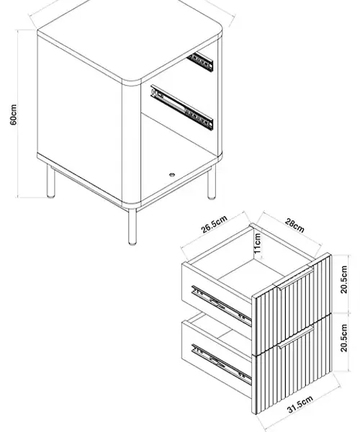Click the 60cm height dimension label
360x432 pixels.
13,114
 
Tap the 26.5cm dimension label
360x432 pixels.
215,224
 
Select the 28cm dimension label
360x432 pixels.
294,225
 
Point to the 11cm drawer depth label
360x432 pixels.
257,243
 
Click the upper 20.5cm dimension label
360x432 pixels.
343,279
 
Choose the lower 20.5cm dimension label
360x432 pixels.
343,338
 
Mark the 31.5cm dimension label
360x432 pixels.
300,405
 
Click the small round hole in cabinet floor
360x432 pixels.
172,174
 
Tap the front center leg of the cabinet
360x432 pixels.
132,227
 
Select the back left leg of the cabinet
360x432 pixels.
50,181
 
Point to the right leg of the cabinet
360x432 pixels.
212,183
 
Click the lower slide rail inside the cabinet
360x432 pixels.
181,107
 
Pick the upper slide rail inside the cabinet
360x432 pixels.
200,62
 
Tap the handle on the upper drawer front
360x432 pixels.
295,279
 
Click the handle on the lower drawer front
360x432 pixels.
295,337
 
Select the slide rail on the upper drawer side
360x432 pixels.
222,305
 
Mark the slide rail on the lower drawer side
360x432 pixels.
222,364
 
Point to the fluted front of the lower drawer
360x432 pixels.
293,364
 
